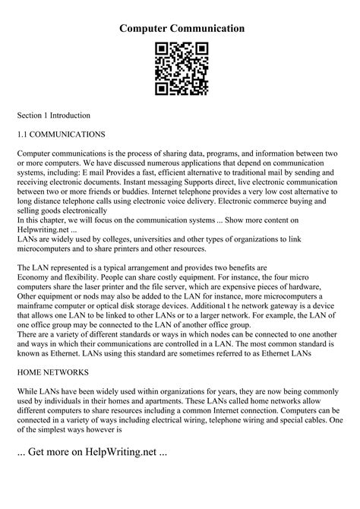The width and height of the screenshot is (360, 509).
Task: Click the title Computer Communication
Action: pos(180,28)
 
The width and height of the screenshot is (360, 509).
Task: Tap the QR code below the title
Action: pos(180,69)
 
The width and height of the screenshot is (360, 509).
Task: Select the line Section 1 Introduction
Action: pos(54,115)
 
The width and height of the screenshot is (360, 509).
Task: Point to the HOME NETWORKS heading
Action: pos(52,373)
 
